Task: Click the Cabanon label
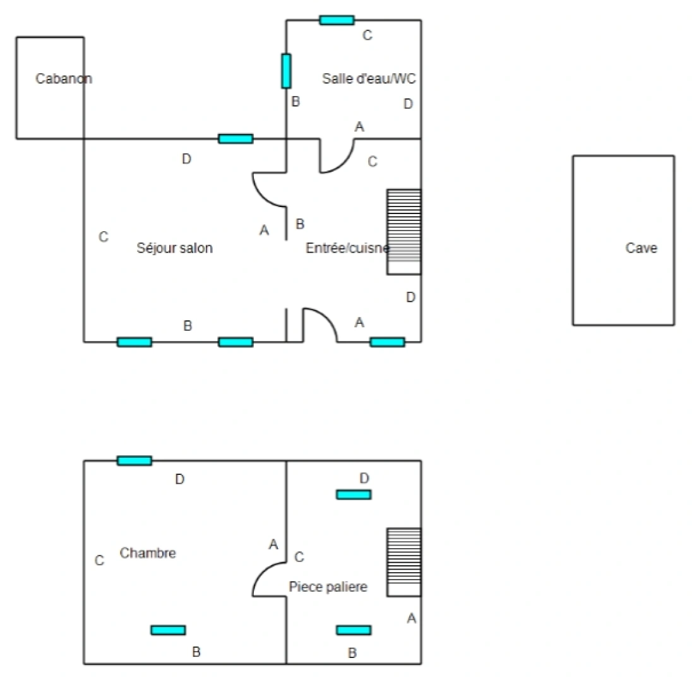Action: tap(64, 79)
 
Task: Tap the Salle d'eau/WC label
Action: tap(369, 79)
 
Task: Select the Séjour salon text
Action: tap(174, 248)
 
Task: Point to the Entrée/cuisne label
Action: tap(348, 248)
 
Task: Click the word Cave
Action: tap(642, 248)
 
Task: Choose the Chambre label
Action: tap(148, 553)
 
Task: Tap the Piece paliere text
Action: tap(328, 587)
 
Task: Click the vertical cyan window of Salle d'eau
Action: tap(286, 71)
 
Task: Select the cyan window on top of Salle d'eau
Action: tap(337, 20)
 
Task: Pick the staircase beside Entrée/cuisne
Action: tap(404, 232)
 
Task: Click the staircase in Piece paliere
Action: tap(404, 562)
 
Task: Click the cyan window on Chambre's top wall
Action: tap(135, 461)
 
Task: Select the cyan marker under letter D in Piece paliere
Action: tap(354, 494)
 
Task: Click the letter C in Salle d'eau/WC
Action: tap(368, 35)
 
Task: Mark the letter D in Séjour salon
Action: tap(186, 159)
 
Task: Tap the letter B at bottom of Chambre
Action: tap(196, 652)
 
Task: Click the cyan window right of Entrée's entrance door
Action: tap(387, 342)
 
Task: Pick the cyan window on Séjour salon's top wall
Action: tap(236, 139)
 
